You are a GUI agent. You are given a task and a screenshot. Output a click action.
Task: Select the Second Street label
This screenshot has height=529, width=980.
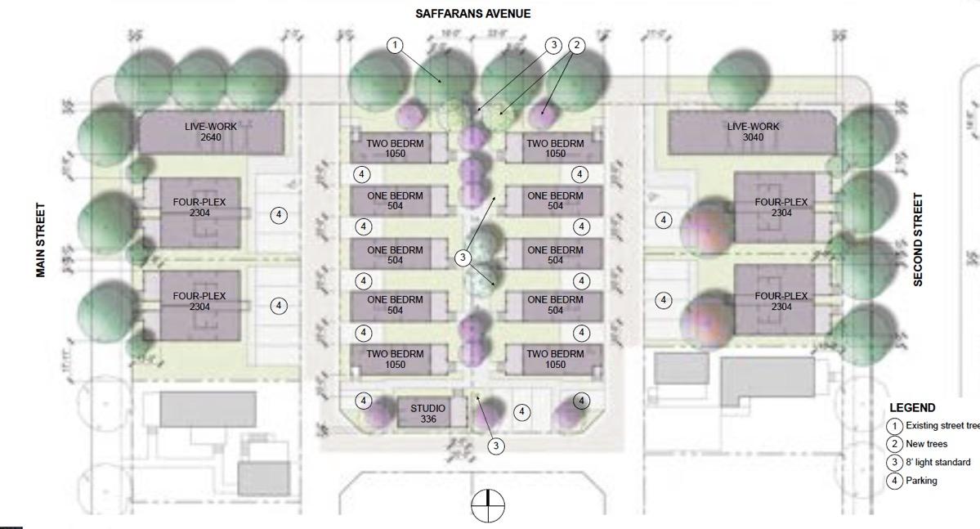click(918, 240)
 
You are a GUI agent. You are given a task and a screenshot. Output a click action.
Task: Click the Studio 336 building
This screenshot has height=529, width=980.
click(427, 413)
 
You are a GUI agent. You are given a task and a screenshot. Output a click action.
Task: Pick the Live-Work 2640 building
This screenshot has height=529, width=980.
click(211, 132)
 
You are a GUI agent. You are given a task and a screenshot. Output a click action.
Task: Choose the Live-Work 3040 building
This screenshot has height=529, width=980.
click(753, 132)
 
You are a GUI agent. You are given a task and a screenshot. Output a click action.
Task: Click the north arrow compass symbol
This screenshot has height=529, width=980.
click(488, 506)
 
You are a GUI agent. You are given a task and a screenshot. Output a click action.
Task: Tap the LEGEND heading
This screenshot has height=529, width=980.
click(912, 408)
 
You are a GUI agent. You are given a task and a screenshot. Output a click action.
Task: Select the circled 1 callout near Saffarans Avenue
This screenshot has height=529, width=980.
click(396, 45)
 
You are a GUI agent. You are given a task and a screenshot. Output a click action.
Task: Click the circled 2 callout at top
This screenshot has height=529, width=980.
click(577, 45)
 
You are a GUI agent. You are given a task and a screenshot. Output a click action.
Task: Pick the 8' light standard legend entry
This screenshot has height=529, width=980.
click(937, 462)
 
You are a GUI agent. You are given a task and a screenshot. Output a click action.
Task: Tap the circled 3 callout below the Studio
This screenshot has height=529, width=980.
click(495, 446)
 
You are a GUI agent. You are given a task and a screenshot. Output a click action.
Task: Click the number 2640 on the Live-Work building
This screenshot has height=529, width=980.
click(211, 137)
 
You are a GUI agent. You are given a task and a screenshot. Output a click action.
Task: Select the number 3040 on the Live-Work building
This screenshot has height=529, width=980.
click(753, 137)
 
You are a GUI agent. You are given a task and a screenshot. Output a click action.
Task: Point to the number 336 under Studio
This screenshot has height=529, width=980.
click(427, 419)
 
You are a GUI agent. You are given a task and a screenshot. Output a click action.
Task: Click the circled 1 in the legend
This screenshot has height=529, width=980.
click(896, 426)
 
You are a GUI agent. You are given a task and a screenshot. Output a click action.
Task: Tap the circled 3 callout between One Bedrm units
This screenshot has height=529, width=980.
click(463, 258)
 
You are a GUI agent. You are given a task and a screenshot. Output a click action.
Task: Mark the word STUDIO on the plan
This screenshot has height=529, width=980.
click(427, 408)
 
